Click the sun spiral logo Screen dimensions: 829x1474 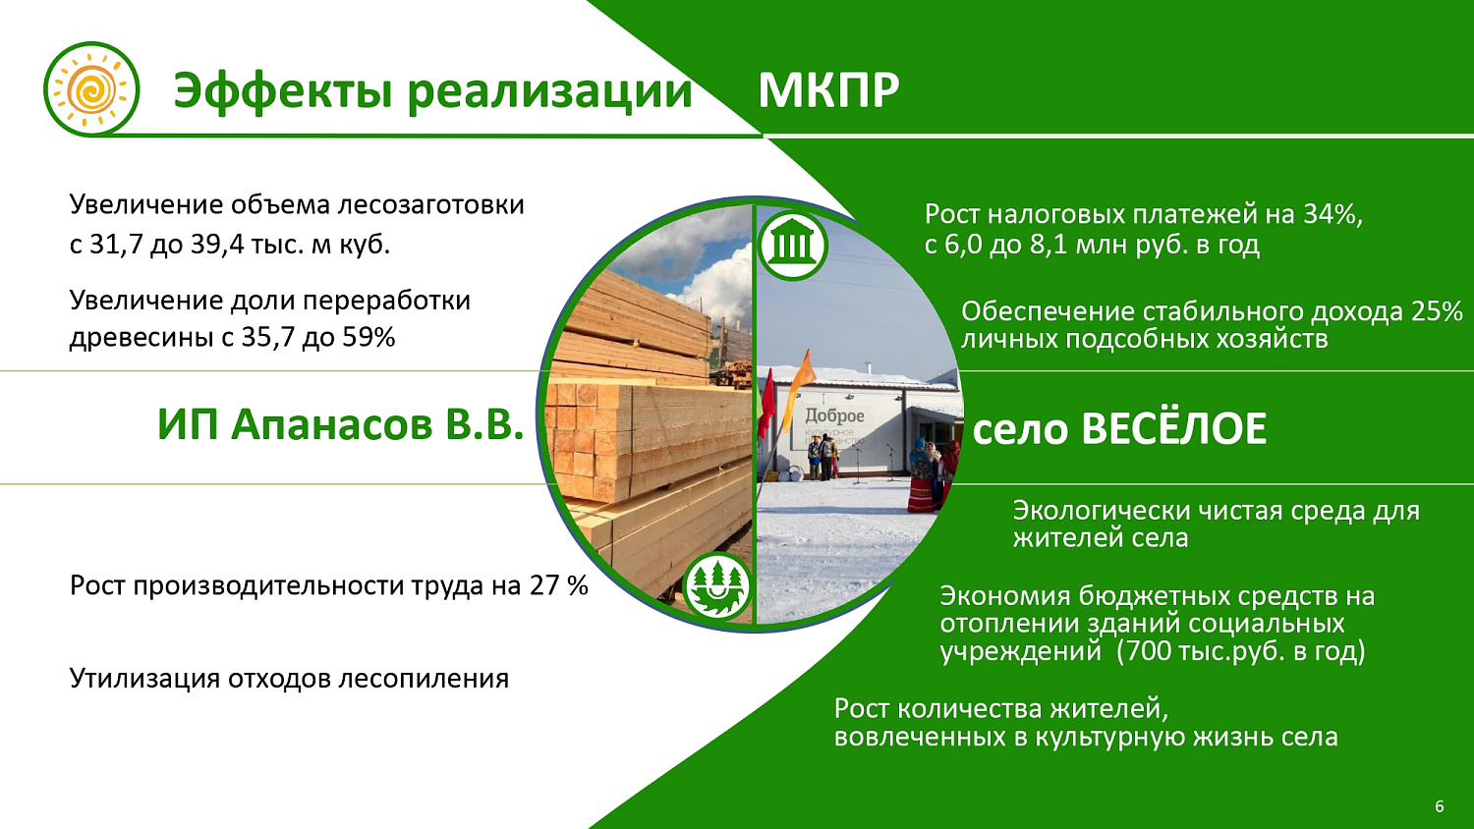tap(90, 90)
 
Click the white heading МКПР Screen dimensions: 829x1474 tap(828, 91)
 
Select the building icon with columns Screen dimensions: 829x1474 tap(792, 245)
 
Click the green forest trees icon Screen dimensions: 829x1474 tap(716, 587)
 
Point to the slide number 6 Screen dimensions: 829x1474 tap(1440, 806)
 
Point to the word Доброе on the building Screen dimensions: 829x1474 tap(834, 415)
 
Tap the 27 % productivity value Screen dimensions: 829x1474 tap(558, 586)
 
